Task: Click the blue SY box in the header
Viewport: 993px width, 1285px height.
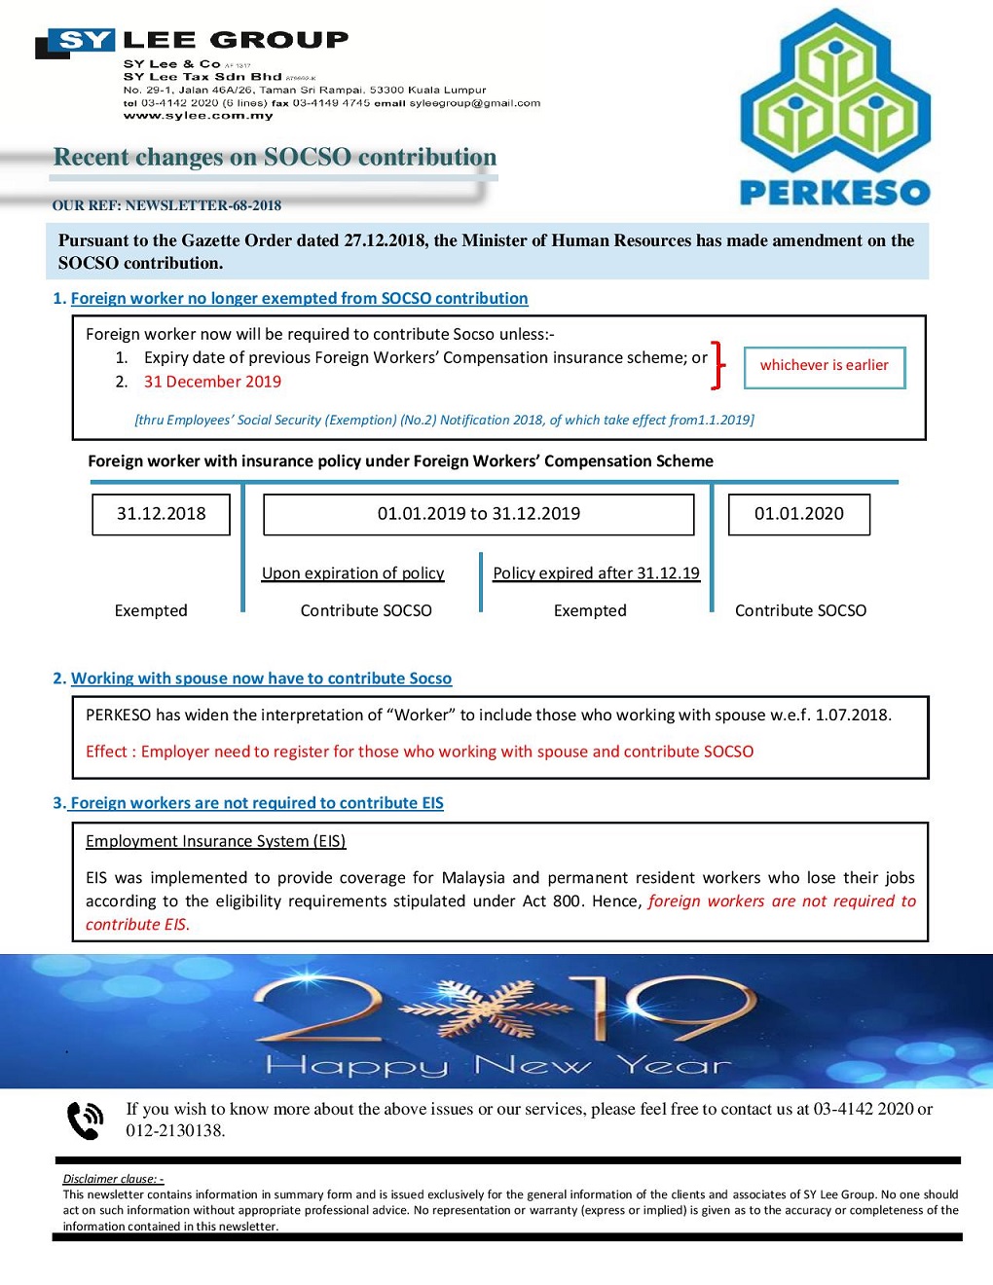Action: click(x=86, y=40)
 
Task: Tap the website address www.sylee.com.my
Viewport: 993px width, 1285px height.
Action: click(x=198, y=116)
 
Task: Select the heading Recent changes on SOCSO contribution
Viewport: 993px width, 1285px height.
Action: click(x=275, y=158)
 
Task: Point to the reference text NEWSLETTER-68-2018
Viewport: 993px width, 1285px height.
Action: click(x=203, y=205)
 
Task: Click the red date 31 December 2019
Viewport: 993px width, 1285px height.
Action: click(x=212, y=382)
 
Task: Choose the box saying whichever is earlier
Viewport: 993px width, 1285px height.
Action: click(x=824, y=366)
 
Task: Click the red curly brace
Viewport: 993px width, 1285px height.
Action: click(x=718, y=365)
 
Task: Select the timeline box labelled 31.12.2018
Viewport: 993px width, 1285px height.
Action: click(x=161, y=514)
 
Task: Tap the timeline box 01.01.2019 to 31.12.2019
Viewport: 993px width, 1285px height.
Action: click(x=478, y=514)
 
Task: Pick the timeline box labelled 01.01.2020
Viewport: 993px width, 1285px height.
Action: click(x=798, y=514)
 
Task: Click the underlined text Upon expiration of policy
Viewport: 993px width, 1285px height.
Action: click(x=352, y=573)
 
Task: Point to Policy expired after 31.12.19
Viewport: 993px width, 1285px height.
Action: click(x=596, y=573)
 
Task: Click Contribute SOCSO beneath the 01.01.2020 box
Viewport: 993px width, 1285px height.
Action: click(x=800, y=610)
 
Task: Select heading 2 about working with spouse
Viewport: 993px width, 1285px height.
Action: click(x=261, y=679)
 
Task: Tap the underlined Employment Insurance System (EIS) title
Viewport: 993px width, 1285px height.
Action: click(x=215, y=841)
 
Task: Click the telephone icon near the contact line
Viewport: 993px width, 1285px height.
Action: click(x=85, y=1120)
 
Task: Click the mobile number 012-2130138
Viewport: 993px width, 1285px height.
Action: click(x=175, y=1130)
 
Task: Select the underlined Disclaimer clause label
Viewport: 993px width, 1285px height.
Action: click(x=113, y=1179)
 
